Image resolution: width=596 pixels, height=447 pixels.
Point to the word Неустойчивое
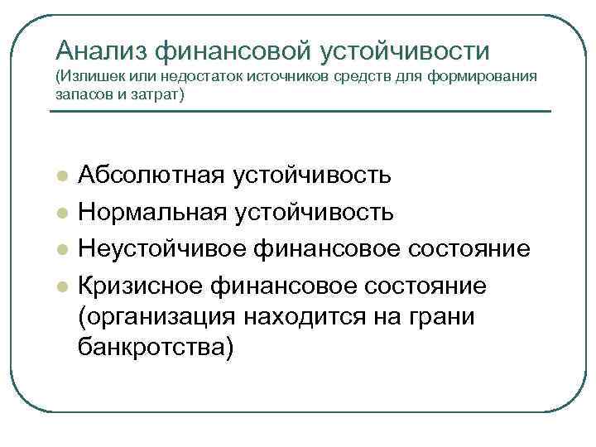click(x=161, y=250)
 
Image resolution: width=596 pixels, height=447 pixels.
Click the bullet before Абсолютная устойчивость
click(x=60, y=178)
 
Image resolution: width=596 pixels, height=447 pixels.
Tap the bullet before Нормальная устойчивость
click(x=60, y=214)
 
